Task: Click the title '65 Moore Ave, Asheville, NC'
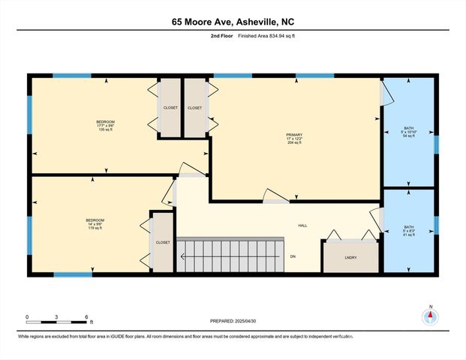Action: click(x=233, y=22)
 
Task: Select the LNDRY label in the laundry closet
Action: click(x=350, y=258)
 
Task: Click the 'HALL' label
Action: click(x=302, y=226)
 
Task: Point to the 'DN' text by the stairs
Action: click(x=293, y=256)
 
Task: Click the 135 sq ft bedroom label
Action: click(x=105, y=125)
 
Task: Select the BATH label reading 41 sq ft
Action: click(x=408, y=231)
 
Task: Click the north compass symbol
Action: click(x=430, y=316)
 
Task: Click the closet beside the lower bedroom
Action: click(x=163, y=242)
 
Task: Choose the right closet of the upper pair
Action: click(x=194, y=108)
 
